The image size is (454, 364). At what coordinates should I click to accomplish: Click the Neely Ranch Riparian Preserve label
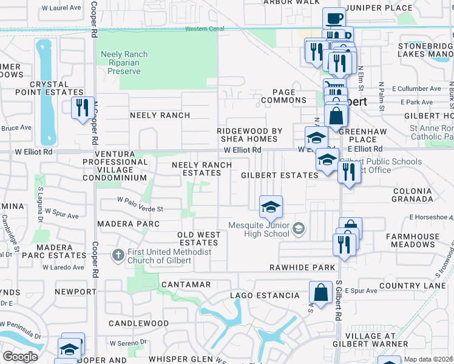pos(124,62)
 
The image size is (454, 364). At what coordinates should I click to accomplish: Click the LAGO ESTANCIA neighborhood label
pos(265,295)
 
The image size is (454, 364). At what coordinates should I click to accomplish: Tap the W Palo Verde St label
pos(140,209)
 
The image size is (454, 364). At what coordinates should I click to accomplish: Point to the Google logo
pos(20,357)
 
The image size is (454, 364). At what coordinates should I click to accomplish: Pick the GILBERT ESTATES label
pos(279,175)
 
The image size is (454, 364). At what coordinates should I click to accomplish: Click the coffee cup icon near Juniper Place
pos(333,18)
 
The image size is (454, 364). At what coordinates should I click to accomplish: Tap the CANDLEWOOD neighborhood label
pos(138,323)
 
